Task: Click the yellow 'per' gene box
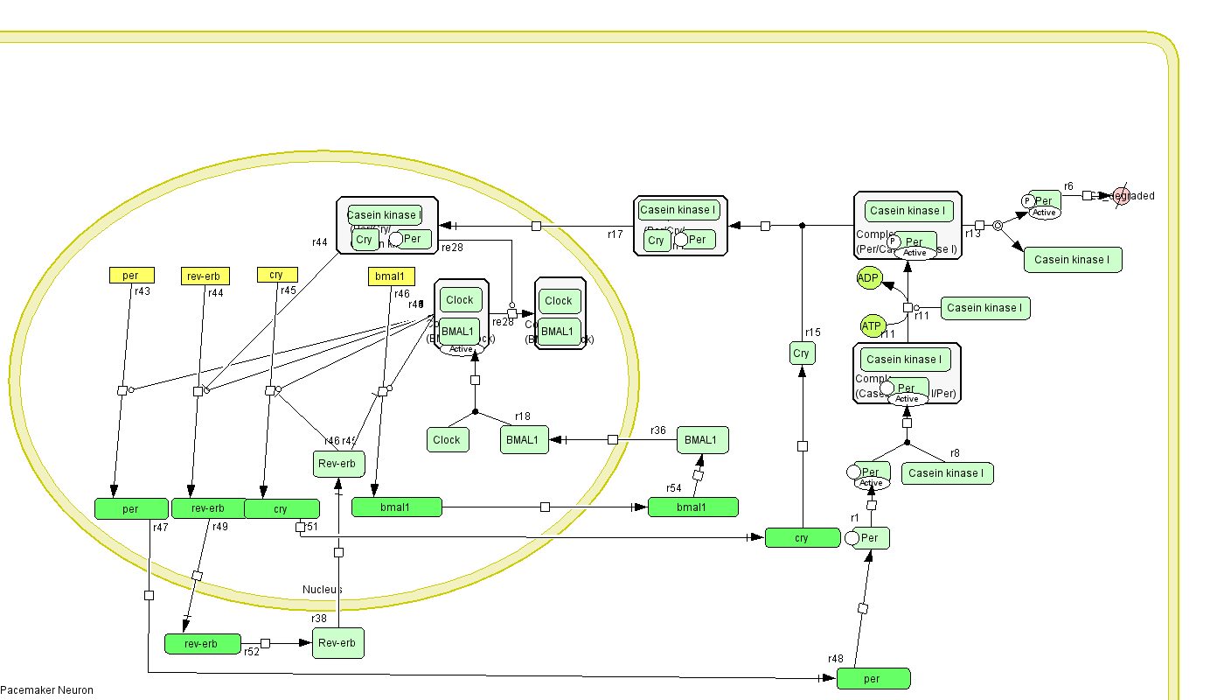[x=131, y=276]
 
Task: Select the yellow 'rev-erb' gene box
[x=205, y=276]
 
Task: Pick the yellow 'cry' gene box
[x=277, y=275]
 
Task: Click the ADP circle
[x=868, y=278]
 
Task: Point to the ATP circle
[x=873, y=326]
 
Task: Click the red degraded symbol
[x=1121, y=196]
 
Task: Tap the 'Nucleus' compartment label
[x=323, y=590]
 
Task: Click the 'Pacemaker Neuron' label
[x=46, y=690]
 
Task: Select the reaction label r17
[x=615, y=234]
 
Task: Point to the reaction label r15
[x=813, y=332]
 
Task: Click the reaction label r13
[x=972, y=234]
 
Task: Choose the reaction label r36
[x=658, y=430]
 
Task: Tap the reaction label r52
[x=252, y=652]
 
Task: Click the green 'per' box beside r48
[x=873, y=678]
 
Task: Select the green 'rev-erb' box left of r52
[x=202, y=644]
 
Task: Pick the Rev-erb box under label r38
[x=337, y=643]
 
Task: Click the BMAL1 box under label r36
[x=702, y=440]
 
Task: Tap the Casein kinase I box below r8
[x=947, y=473]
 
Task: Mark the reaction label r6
[x=1068, y=186]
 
